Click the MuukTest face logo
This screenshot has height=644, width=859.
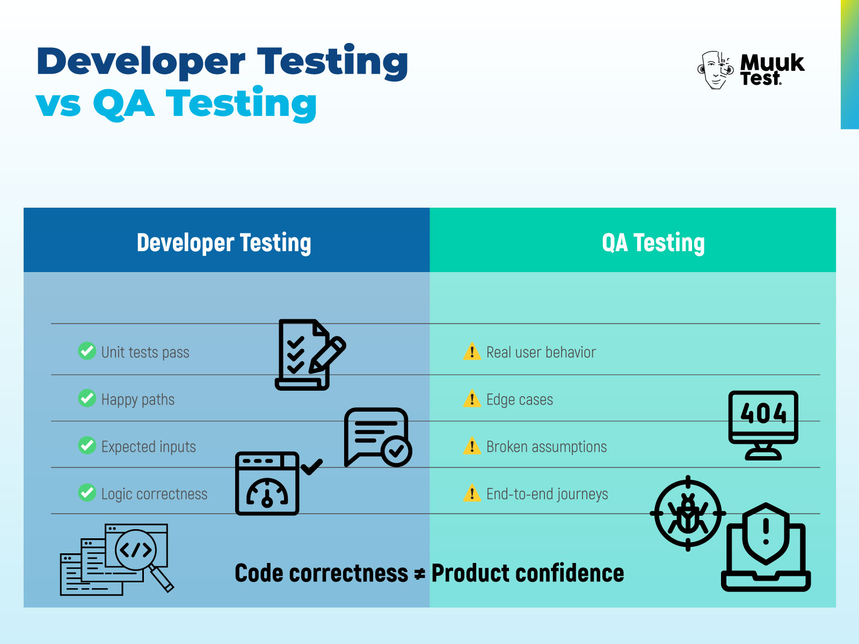click(716, 70)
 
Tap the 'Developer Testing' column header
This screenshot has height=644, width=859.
click(224, 243)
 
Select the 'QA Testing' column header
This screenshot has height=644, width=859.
click(653, 243)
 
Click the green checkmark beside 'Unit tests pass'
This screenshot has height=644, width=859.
click(87, 351)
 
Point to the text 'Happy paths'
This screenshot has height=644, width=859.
click(138, 400)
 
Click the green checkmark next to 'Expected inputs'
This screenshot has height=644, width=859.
click(87, 445)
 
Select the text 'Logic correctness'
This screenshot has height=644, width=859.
click(154, 494)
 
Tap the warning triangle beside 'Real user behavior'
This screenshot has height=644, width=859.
click(471, 352)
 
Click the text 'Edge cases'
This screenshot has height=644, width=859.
click(519, 400)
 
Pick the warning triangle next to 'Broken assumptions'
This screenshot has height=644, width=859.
click(471, 446)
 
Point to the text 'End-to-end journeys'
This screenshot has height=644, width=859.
click(547, 494)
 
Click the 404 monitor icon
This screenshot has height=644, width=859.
click(763, 424)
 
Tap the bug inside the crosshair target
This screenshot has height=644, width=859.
click(688, 514)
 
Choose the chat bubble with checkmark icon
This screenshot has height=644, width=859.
click(377, 437)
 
